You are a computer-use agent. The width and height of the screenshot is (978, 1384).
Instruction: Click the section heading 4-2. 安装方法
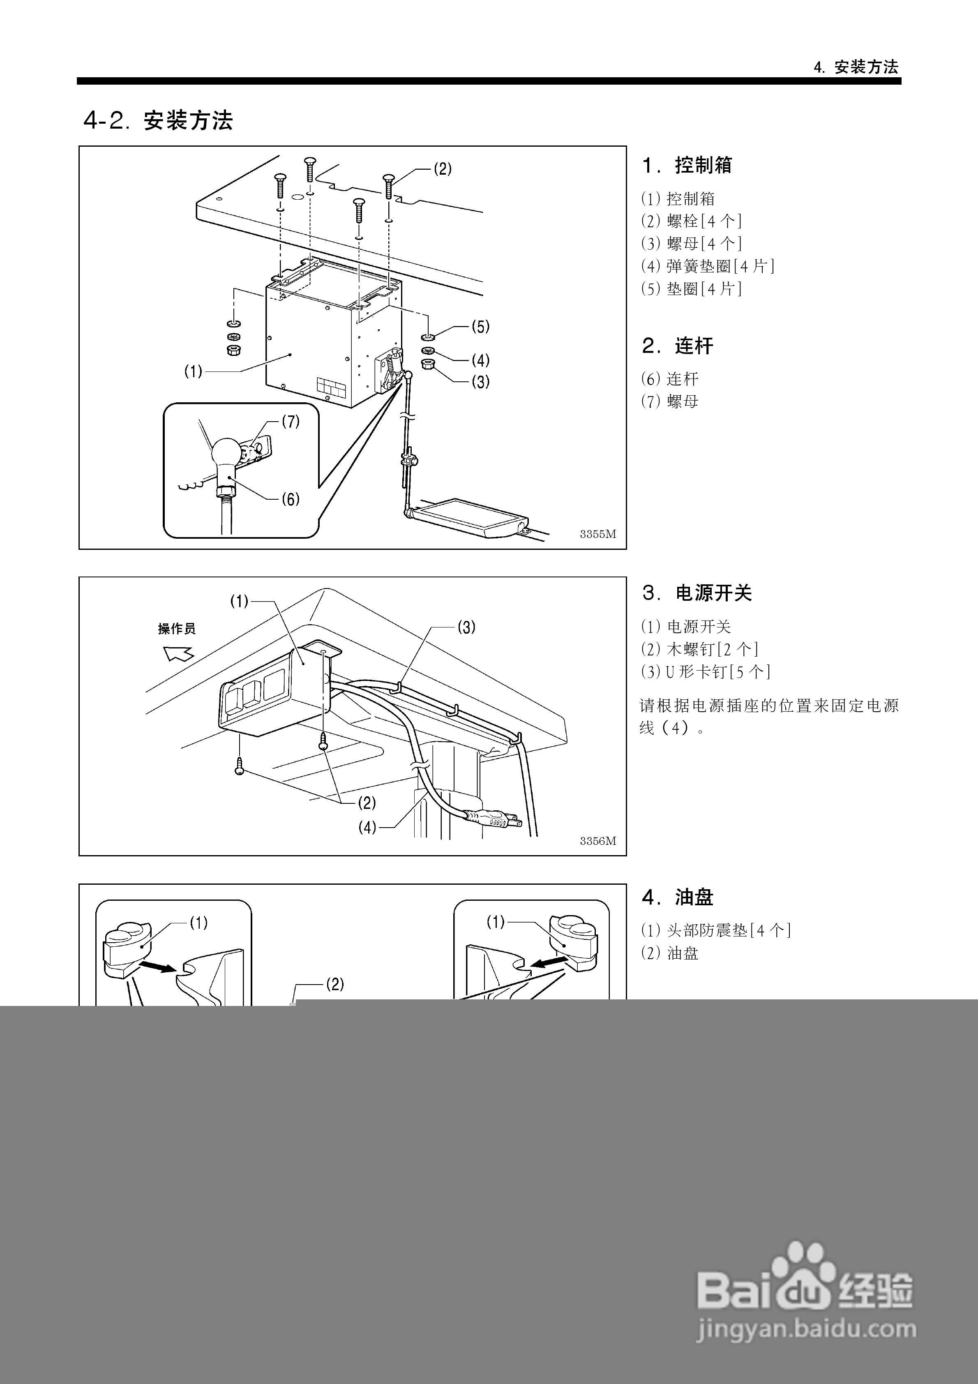[158, 120]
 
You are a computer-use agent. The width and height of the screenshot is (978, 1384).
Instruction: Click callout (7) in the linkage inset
[291, 422]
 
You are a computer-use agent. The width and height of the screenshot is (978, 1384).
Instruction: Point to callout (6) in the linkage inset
[291, 499]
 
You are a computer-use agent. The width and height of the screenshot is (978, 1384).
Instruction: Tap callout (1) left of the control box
[193, 372]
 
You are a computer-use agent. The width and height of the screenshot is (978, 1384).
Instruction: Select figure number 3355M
[597, 534]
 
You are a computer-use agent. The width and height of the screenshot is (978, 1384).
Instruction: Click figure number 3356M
[597, 841]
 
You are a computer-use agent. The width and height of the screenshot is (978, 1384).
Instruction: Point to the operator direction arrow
[178, 653]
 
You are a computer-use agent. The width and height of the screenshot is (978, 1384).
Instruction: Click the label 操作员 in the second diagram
[177, 629]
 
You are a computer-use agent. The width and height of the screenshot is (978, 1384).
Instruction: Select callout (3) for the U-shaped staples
[466, 627]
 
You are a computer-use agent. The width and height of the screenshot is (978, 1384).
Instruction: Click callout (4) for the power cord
[367, 828]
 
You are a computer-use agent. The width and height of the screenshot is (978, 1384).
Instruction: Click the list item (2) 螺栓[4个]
[691, 221]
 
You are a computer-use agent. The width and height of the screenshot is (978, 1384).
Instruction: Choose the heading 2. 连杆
[677, 346]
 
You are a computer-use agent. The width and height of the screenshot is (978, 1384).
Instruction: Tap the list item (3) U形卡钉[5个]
[706, 671]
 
